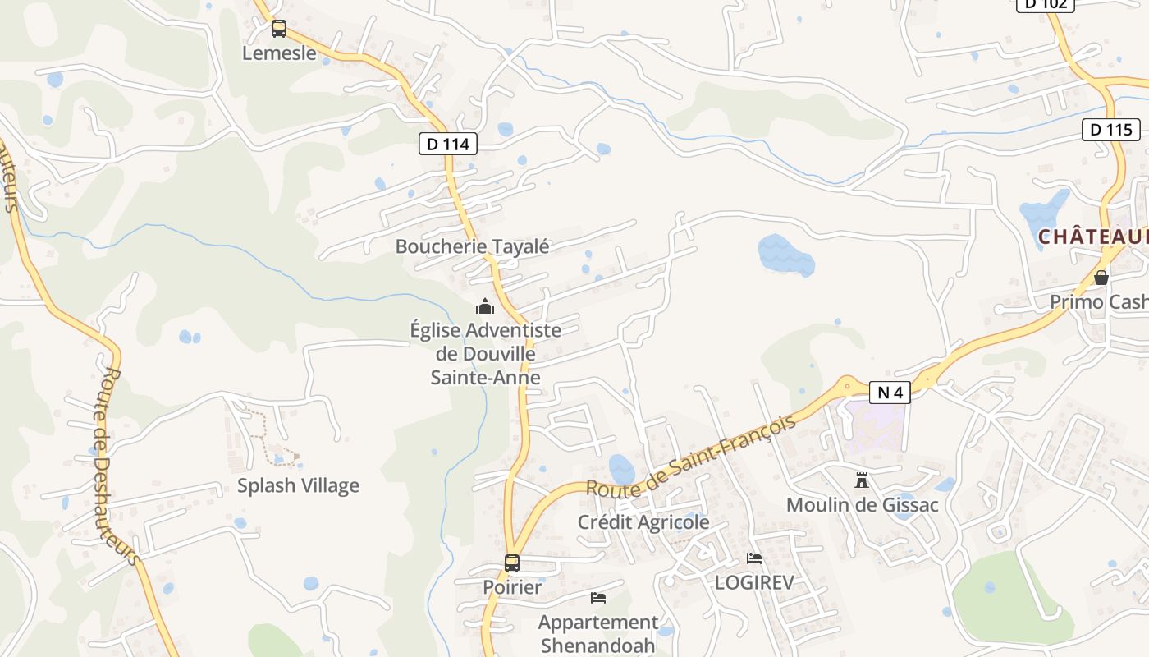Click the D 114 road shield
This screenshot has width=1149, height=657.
tap(448, 144)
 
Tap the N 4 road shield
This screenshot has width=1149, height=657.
tap(890, 393)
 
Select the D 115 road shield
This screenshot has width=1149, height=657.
tap(1111, 129)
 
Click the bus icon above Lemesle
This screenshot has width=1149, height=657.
tap(279, 29)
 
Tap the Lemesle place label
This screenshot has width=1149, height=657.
tap(279, 53)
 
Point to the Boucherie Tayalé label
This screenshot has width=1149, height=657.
tap(472, 246)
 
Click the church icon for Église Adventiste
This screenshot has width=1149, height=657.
tap(485, 307)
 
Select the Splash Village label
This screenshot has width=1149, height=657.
tap(298, 485)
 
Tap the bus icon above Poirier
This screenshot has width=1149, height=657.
tap(512, 563)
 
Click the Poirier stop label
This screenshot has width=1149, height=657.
tap(512, 588)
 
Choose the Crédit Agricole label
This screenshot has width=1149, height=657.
tap(643, 522)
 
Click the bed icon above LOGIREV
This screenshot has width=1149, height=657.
tap(754, 558)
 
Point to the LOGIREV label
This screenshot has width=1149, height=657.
tap(754, 582)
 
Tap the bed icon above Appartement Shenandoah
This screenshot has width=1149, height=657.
tap(598, 598)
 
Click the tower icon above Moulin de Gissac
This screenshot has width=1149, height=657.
tap(862, 480)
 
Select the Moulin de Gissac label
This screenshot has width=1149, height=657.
tap(862, 504)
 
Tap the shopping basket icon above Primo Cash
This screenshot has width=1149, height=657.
tap(1101, 278)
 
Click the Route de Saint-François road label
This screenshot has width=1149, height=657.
tap(691, 456)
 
